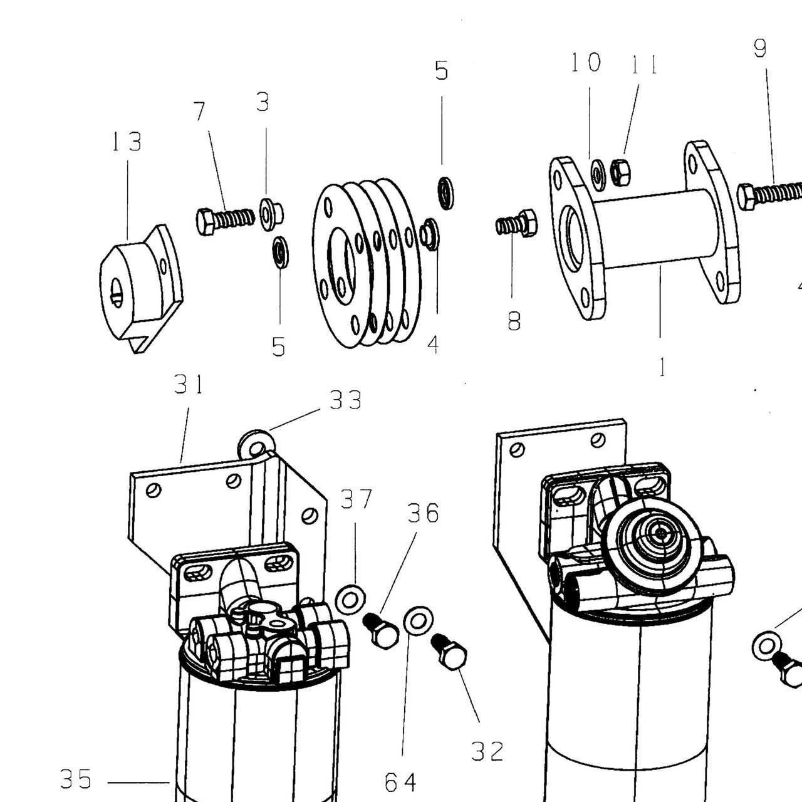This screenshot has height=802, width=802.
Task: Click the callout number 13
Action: click(127, 142)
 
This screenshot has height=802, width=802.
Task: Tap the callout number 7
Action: click(200, 112)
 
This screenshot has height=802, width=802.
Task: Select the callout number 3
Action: click(263, 102)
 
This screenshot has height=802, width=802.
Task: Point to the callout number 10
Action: click(586, 63)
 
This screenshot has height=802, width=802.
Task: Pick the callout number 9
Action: click(760, 48)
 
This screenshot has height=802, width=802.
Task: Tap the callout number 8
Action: click(514, 321)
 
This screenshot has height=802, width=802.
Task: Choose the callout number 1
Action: click(662, 367)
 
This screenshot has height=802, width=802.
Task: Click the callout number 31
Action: click(189, 384)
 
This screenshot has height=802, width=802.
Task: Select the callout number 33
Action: click(345, 400)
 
